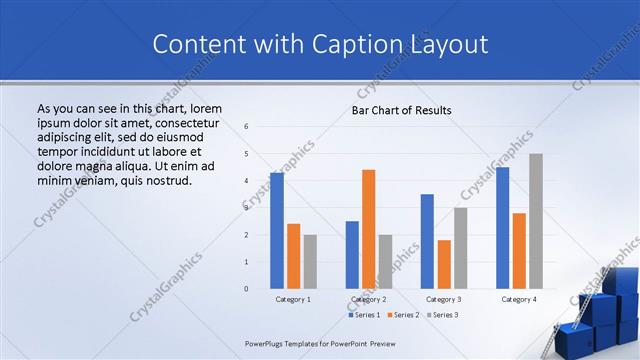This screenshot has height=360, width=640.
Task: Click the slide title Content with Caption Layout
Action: click(x=320, y=44)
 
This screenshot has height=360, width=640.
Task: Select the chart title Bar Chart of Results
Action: click(x=401, y=110)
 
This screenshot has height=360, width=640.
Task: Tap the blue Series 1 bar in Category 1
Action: click(x=277, y=230)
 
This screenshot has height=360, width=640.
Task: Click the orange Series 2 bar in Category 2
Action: click(x=368, y=229)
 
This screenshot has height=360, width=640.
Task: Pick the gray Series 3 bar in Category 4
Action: click(x=536, y=221)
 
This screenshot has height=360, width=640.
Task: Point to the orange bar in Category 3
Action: click(x=444, y=264)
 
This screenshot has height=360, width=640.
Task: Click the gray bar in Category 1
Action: click(x=310, y=261)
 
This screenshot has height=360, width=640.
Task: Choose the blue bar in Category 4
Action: click(x=502, y=227)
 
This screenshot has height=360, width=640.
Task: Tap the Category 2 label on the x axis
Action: click(x=369, y=299)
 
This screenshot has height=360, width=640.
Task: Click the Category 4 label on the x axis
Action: click(x=519, y=299)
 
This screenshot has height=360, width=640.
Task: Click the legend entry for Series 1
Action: click(x=365, y=315)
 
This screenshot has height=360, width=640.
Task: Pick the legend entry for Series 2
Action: click(x=404, y=315)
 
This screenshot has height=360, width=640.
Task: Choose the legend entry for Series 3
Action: click(x=443, y=315)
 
